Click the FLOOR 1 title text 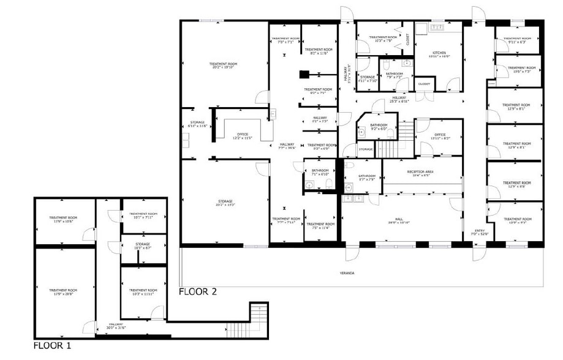52,346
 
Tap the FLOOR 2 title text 198,291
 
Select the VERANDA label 347,273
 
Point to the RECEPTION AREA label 420,173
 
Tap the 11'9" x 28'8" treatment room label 63,291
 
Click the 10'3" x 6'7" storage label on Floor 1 142,246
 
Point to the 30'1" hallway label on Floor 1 116,326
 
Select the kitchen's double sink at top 437,28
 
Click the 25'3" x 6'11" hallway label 399,99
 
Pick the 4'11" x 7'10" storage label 368,79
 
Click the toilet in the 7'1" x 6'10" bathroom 329,182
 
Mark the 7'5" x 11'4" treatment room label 320,226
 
